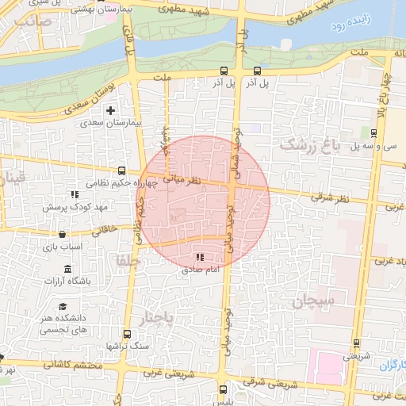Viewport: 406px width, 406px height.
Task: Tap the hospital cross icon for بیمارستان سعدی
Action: click(x=110, y=110)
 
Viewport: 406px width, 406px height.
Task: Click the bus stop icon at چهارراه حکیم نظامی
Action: click(x=121, y=170)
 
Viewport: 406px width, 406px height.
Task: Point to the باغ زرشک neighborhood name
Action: click(x=309, y=145)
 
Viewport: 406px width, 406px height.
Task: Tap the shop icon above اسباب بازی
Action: click(x=63, y=235)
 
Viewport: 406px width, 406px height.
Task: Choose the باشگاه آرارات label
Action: click(x=67, y=281)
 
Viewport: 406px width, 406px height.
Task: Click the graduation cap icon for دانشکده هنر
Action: click(x=63, y=307)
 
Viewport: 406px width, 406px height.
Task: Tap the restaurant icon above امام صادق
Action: click(x=200, y=258)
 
